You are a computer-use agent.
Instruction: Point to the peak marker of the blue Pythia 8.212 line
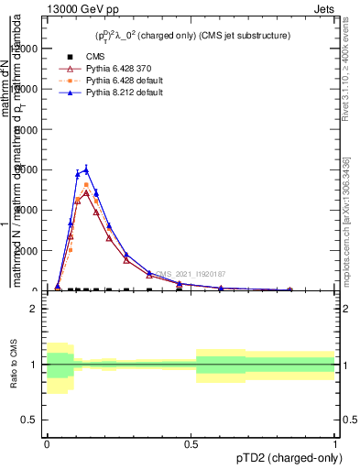86,169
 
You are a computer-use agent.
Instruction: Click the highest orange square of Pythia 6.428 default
86,185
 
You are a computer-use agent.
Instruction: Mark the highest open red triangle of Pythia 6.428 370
86,193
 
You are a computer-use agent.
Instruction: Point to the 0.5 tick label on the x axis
191,442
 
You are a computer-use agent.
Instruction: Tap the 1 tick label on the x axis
334,442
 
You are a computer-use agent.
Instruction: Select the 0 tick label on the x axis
47,442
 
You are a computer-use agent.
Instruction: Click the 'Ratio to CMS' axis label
14,365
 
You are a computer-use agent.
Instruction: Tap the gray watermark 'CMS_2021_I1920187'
191,274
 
